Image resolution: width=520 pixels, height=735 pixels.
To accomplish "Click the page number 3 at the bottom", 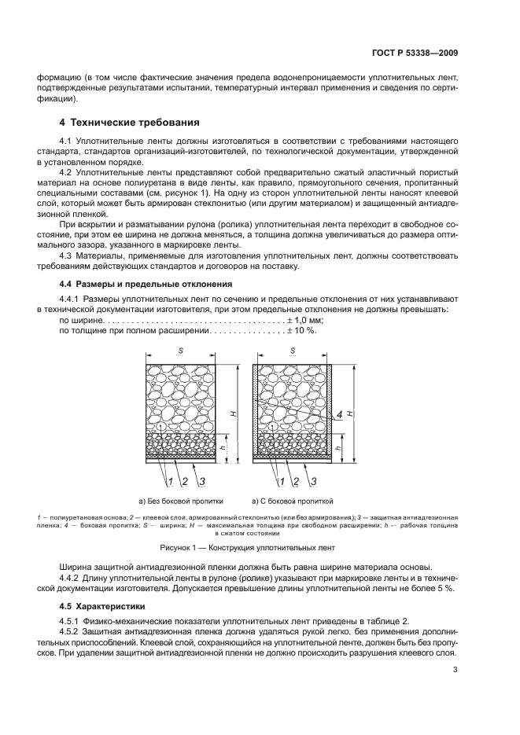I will pos(455,670).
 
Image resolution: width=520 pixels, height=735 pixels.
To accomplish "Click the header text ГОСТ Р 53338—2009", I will pos(415,53).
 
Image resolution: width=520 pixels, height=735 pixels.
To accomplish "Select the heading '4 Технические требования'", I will pos(130,123).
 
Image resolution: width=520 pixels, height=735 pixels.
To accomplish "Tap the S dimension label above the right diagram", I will pos(293,349).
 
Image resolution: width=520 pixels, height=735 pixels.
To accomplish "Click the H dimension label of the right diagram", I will pos(349,413).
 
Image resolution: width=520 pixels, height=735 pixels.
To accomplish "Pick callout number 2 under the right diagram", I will pos(297,480).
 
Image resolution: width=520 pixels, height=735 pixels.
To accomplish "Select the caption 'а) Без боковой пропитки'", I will pos(181,500).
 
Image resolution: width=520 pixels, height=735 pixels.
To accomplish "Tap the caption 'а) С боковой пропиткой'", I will pos(293,500).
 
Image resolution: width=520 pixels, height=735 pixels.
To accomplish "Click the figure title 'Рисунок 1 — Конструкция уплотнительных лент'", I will pos(260,546).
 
